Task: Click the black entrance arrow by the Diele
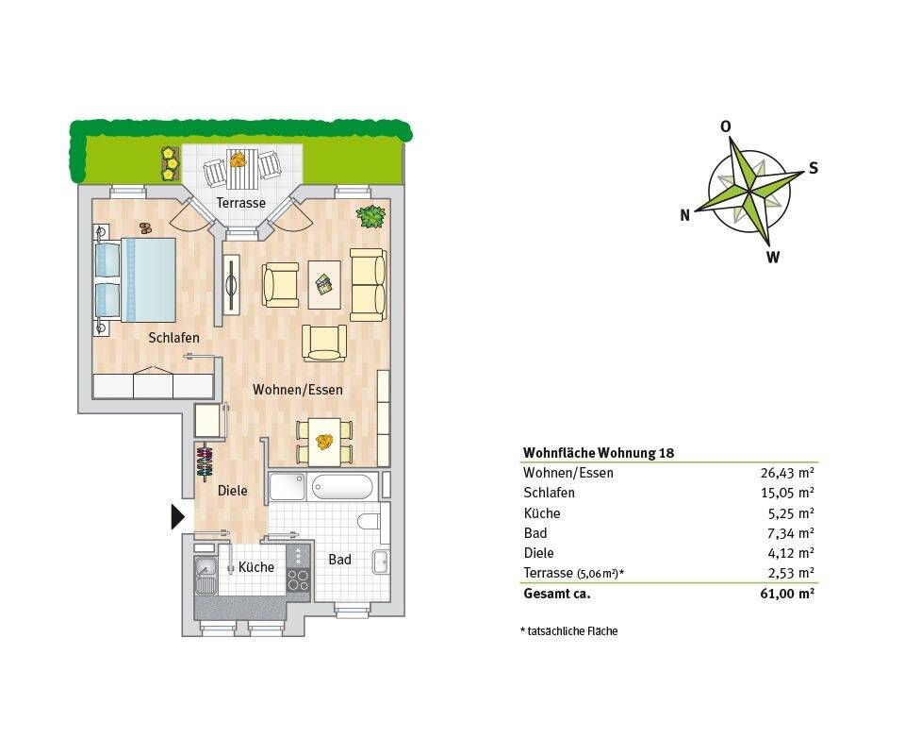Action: click(x=177, y=517)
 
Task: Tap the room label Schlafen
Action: click(x=173, y=338)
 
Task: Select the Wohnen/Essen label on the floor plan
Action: click(x=297, y=389)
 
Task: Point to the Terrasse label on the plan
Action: click(x=240, y=203)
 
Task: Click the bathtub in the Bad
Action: click(x=343, y=487)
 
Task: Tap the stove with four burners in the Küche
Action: click(x=298, y=569)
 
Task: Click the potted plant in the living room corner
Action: click(x=370, y=216)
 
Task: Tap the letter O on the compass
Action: click(x=725, y=126)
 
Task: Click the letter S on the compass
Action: click(x=813, y=169)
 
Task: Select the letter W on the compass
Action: click(x=772, y=256)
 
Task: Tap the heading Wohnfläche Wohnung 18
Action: click(x=599, y=452)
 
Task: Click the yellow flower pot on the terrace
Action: click(x=170, y=163)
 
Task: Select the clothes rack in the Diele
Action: click(x=205, y=462)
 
